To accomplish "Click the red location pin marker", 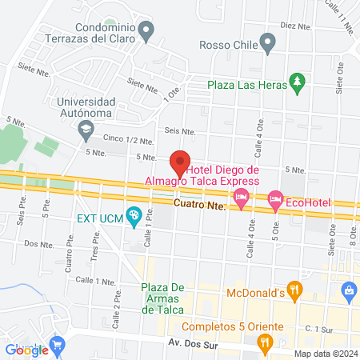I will tap(180, 161).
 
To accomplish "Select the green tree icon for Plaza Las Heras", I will tap(298, 81).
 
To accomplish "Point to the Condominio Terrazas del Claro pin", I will tap(146, 32).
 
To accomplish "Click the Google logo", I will tap(26, 349).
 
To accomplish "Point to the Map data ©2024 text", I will tap(325, 354).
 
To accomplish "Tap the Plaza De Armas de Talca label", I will tap(151, 298).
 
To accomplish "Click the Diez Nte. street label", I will tap(294, 25).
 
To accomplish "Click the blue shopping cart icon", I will tap(57, 345).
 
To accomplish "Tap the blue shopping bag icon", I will tap(348, 291).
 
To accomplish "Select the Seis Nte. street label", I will tap(180, 130).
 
